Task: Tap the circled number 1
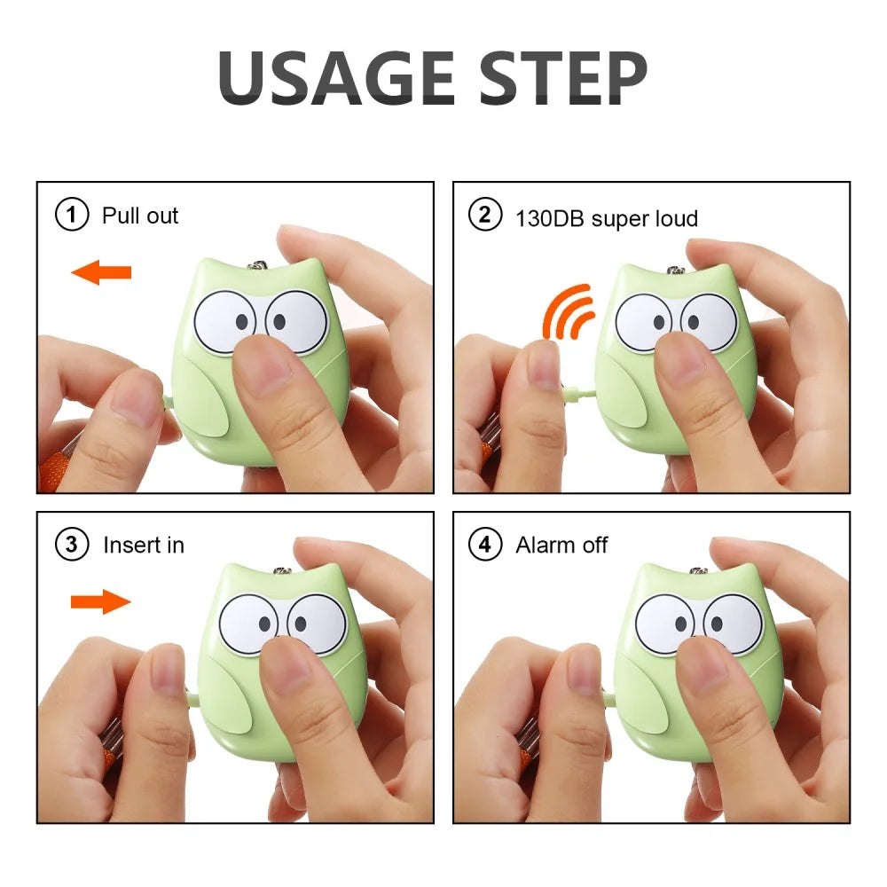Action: (72, 215)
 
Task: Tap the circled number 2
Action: (484, 216)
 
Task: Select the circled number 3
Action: (72, 544)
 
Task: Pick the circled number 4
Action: (484, 544)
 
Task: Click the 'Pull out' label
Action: (140, 216)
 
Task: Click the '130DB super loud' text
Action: (607, 217)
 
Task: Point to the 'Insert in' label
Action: (144, 545)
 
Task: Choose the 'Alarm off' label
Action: (561, 545)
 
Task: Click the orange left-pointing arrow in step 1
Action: (101, 272)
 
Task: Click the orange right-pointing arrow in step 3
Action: (101, 602)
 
